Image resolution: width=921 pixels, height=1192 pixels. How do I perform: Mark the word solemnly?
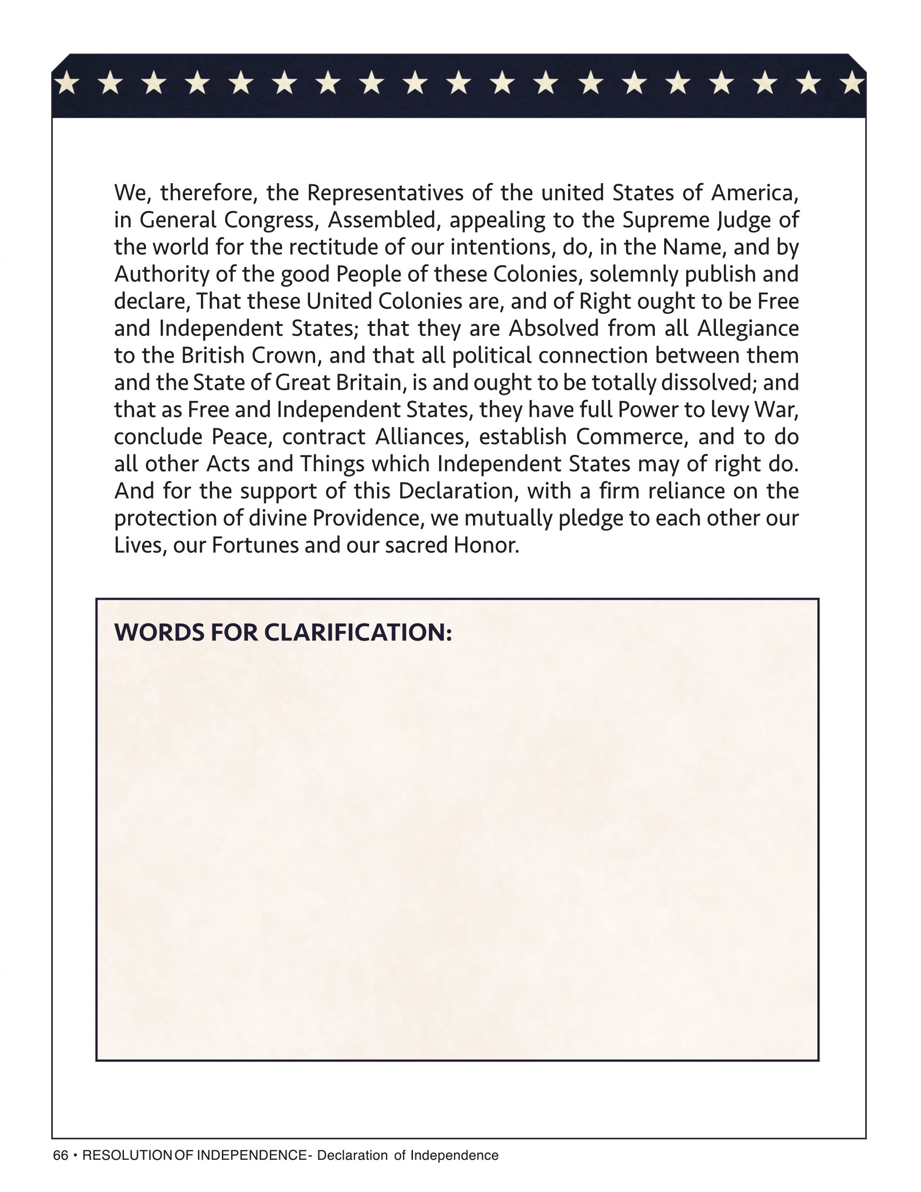click(633, 275)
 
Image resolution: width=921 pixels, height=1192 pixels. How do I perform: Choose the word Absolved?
click(554, 329)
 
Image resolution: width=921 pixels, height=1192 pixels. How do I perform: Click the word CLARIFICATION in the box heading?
click(358, 633)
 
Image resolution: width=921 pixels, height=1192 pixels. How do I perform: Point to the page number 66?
click(61, 1155)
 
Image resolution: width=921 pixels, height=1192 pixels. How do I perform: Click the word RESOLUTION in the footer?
click(127, 1155)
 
